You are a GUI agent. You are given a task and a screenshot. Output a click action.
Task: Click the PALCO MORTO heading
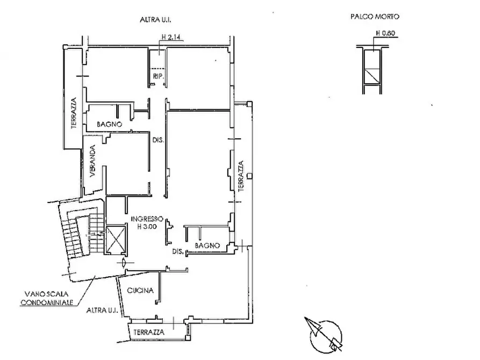(375, 17)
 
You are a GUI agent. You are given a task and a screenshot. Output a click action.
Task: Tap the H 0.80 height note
(385, 33)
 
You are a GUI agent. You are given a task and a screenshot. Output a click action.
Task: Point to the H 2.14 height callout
(171, 37)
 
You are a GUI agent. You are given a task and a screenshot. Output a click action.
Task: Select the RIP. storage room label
(158, 76)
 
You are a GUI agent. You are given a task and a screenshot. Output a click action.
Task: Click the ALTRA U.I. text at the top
(155, 20)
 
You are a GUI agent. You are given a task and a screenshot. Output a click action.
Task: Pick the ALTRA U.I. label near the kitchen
(102, 311)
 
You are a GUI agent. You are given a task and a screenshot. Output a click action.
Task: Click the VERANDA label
(93, 161)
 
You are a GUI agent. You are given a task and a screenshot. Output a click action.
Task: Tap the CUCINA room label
(140, 291)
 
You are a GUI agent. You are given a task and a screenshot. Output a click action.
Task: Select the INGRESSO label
(147, 219)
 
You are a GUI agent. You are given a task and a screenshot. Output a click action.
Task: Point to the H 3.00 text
(147, 227)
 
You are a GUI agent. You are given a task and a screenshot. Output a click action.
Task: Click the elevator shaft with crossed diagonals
(116, 239)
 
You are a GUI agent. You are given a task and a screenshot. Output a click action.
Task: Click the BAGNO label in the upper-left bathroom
(109, 124)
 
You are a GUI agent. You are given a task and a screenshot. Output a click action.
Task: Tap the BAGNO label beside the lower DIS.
(207, 246)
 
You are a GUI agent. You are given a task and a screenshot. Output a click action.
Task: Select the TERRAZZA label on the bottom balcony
(149, 332)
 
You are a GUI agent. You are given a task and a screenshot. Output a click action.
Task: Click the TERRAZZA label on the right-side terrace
(241, 176)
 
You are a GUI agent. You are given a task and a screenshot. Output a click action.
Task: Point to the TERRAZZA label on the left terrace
(74, 113)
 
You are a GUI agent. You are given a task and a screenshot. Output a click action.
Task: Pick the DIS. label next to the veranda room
(158, 141)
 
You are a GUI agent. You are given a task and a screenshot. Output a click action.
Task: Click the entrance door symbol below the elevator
(124, 263)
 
